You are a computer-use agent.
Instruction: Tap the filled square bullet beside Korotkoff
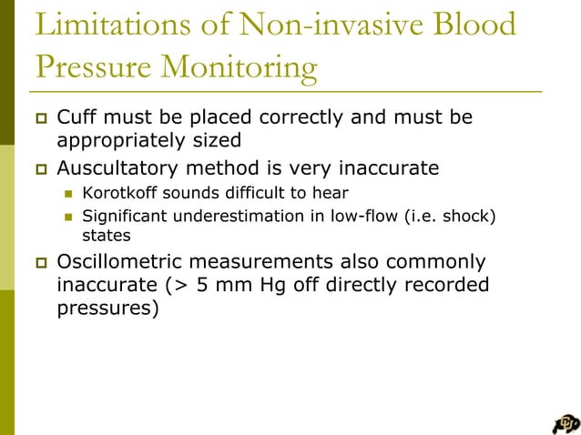coord(66,193)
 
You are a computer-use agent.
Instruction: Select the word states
coord(103,236)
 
